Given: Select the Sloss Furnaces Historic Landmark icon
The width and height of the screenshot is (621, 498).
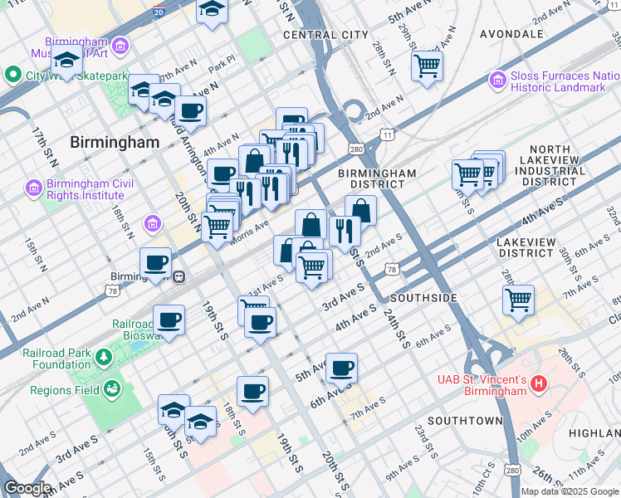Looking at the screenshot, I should pyautogui.click(x=498, y=81).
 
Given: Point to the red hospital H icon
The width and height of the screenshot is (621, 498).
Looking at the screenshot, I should pyautogui.click(x=539, y=383).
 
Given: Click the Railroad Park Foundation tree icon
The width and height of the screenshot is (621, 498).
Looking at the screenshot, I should pyautogui.click(x=104, y=358).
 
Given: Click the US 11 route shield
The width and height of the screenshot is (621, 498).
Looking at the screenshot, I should pyautogui.click(x=387, y=134).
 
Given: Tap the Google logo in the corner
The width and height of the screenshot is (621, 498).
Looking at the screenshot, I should pyautogui.click(x=27, y=488).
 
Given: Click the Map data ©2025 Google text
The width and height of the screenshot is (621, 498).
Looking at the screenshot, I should pyautogui.click(x=570, y=491).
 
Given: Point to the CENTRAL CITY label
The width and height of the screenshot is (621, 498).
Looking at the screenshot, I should pyautogui.click(x=325, y=35).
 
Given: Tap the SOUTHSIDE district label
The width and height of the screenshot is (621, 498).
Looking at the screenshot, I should pyautogui.click(x=423, y=297).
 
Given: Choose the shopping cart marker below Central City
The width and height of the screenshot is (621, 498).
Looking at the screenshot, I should pyautogui.click(x=427, y=66).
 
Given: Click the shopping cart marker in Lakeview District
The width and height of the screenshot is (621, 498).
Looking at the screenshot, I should pyautogui.click(x=518, y=300).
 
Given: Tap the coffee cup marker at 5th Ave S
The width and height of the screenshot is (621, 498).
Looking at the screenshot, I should pyautogui.click(x=341, y=368).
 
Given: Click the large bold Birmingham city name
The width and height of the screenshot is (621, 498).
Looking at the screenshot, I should pyautogui.click(x=115, y=142).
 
